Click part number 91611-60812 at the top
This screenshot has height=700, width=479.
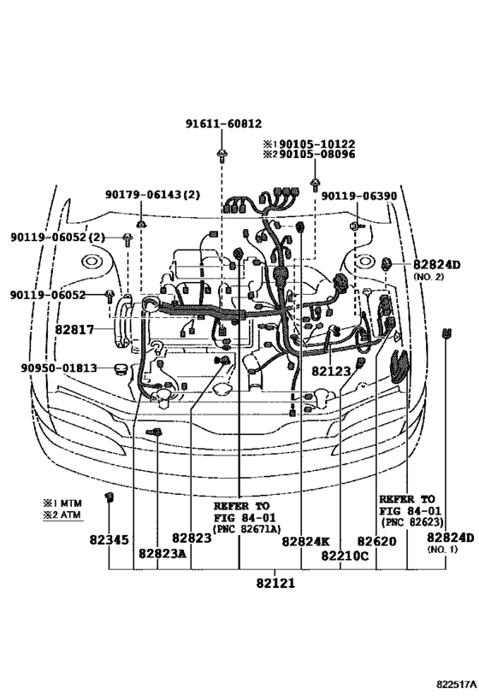pos(224,124)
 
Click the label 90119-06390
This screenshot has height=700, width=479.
pos(359,196)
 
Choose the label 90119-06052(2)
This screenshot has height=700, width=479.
pos(58,237)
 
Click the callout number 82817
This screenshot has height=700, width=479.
pos(80,326)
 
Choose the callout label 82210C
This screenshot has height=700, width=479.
pos(345,554)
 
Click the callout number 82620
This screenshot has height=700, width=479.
pos(376,540)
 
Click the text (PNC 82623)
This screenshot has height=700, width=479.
pos(406,521)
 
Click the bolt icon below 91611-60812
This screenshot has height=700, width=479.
pos(222,154)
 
